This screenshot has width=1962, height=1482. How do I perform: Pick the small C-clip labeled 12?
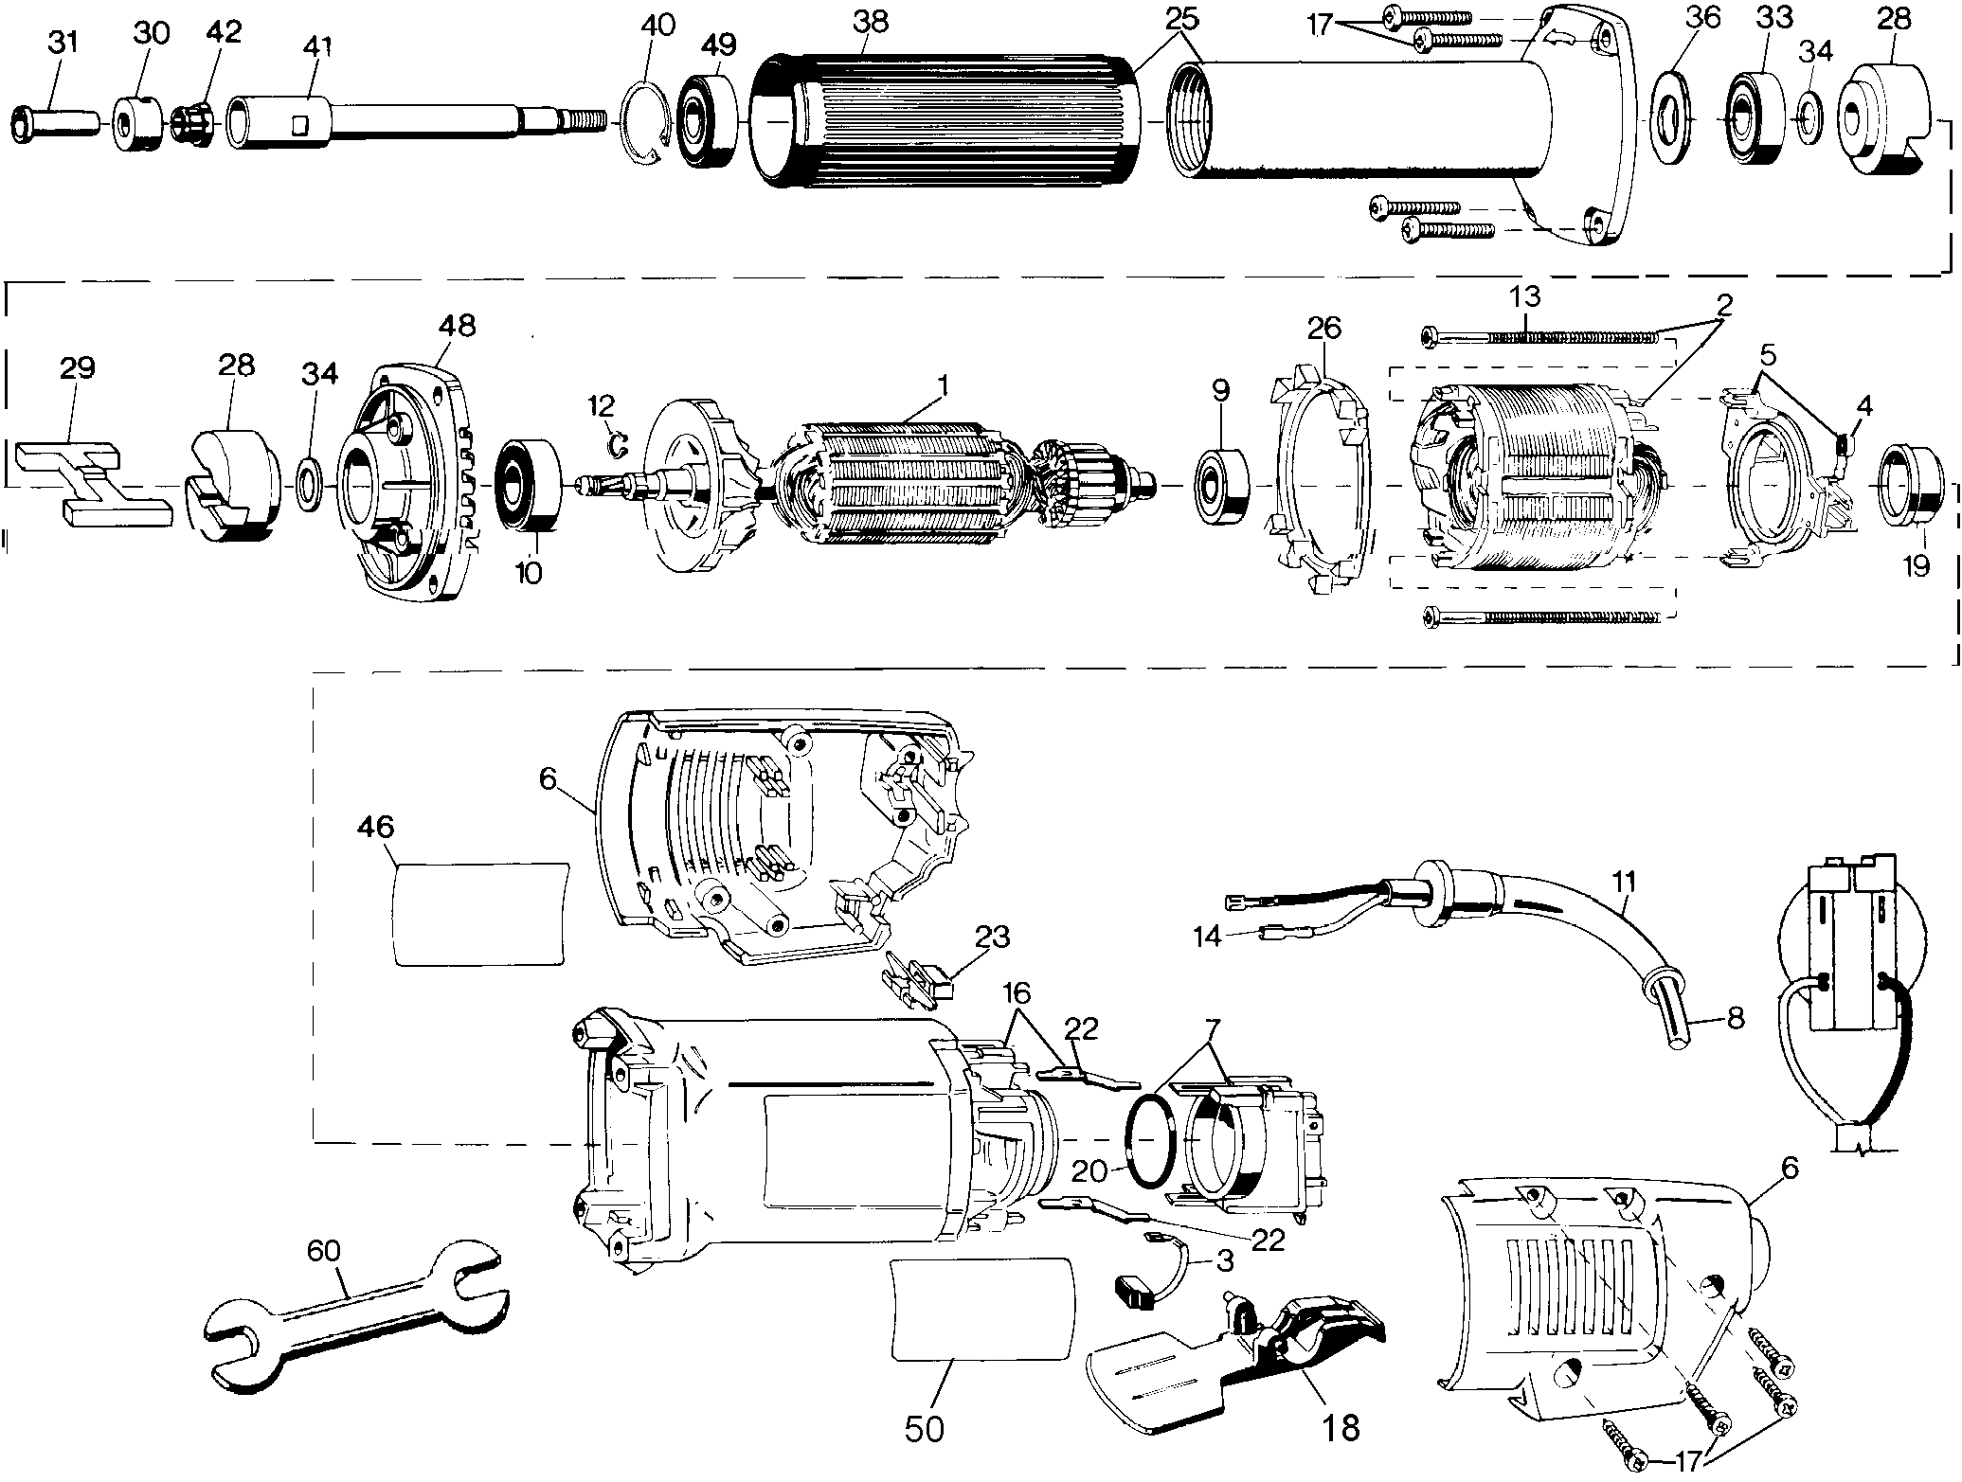tap(618, 441)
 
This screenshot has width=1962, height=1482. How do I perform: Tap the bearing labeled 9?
tap(1220, 487)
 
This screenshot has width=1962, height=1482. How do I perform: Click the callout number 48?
tap(457, 326)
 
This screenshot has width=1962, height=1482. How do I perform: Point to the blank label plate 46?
tap(481, 913)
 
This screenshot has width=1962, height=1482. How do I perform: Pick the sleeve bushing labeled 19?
tap(1913, 484)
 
